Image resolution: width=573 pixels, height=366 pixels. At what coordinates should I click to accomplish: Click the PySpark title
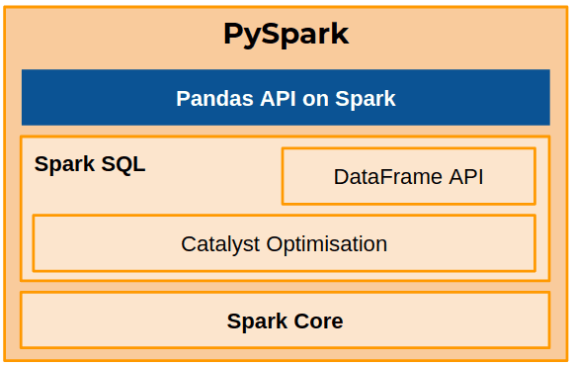pos(286,34)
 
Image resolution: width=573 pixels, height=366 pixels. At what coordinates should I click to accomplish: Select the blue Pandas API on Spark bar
pos(286,98)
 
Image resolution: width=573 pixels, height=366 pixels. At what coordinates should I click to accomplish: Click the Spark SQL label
pos(90,164)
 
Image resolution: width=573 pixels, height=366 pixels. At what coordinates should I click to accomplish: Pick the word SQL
pos(123,164)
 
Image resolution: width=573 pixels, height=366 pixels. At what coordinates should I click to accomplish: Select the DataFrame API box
pos(408,177)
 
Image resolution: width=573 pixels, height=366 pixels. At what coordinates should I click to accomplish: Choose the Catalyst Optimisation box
pos(285,243)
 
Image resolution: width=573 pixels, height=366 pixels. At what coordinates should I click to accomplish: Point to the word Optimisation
pos(325,243)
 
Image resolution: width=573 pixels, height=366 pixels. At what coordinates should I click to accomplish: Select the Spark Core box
pos(285,320)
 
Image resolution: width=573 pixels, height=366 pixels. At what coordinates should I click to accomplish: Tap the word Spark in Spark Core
pos(256,320)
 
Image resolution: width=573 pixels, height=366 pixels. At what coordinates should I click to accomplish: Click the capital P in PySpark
pos(234,34)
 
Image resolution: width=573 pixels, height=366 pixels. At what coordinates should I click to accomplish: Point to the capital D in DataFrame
pos(341,177)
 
